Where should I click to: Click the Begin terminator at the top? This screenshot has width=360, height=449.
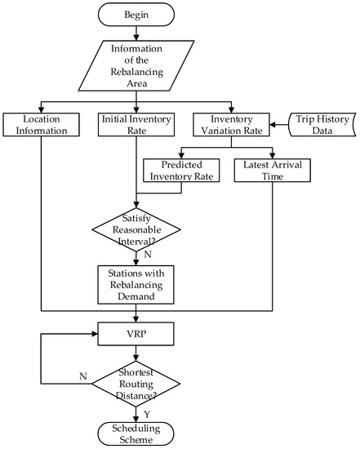tap(136, 16)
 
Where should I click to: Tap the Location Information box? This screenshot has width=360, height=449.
tap(42, 124)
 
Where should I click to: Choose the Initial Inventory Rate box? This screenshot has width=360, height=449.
tap(136, 124)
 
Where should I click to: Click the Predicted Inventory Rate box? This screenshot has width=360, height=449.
tap(182, 170)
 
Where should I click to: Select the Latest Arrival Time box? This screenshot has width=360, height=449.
tap(269, 170)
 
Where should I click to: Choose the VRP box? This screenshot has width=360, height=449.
tap(136, 334)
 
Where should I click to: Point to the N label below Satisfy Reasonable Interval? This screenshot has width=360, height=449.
tap(146, 256)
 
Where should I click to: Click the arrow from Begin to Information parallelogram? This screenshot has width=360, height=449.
tap(136, 35)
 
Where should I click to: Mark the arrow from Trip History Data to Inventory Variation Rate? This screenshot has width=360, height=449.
tap(277, 124)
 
